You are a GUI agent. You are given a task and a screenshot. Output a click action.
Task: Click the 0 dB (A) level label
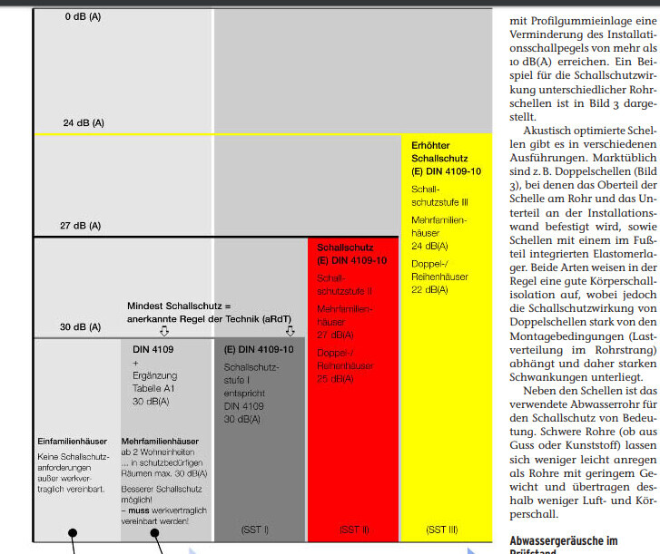[84, 16]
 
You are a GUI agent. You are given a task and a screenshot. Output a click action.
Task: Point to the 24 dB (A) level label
[84, 122]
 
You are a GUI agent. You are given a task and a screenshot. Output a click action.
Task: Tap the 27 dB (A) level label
[82, 225]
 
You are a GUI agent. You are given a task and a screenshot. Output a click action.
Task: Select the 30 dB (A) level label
[82, 326]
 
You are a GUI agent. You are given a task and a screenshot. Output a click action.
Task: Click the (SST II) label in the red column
[353, 528]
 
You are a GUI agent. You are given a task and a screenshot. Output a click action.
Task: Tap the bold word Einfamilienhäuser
[73, 442]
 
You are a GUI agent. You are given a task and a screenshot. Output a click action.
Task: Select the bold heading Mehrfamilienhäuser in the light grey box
[161, 442]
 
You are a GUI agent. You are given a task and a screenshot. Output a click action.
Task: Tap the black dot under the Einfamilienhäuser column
[73, 536]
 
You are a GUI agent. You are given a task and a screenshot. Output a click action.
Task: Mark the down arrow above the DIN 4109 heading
[164, 332]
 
